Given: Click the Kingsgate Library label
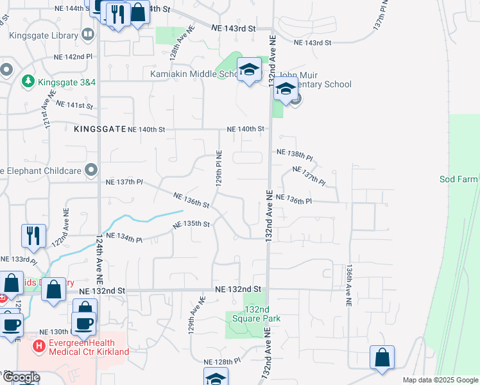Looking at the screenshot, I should coord(42,36).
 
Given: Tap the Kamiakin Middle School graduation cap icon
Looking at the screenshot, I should coord(249,69).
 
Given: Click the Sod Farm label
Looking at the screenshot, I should coord(459,180).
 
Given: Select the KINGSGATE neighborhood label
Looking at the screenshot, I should coord(99,129).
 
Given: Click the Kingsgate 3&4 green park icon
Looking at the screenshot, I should coord(28,81).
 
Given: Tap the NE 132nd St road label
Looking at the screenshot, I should coord(239,289).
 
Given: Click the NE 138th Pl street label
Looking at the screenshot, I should coord(295,154).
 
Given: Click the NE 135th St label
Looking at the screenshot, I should coord(192,225).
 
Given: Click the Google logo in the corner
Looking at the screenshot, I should coord(21,378).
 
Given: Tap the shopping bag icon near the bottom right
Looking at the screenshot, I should coord(382,358).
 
